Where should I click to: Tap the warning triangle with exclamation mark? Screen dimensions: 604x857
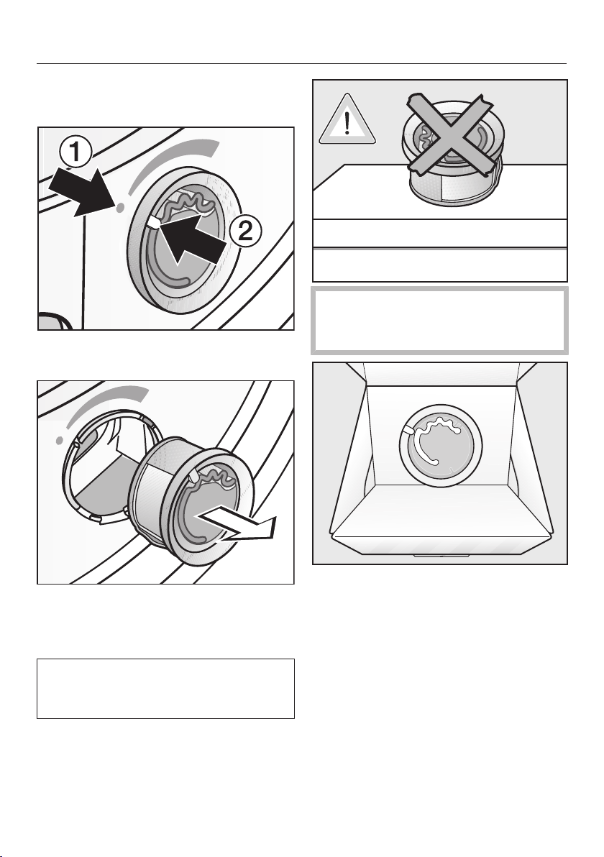[x=347, y=119]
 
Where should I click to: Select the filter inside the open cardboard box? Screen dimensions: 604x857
[x=441, y=442]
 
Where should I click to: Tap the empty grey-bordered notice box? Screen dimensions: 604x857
[x=439, y=320]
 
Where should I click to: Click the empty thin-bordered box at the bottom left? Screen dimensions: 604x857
[x=165, y=688]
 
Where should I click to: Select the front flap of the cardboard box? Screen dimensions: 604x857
[x=440, y=516]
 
